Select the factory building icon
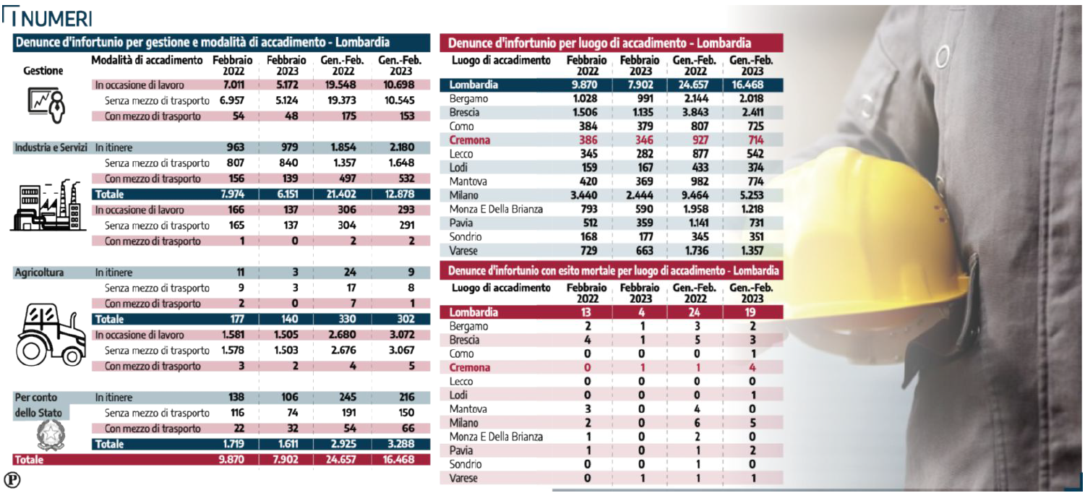(x=48, y=206)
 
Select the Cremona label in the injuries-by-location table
(x=470, y=140)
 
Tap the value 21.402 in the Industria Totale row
(x=339, y=194)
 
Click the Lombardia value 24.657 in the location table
(x=693, y=85)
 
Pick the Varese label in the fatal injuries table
(x=463, y=478)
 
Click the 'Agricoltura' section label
(x=40, y=273)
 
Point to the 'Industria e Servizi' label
(x=52, y=147)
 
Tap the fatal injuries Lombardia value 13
(x=586, y=312)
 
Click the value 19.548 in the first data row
(x=339, y=85)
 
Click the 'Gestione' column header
(x=43, y=71)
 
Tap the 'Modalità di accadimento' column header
(x=147, y=60)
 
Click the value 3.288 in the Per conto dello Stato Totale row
(x=397, y=445)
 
